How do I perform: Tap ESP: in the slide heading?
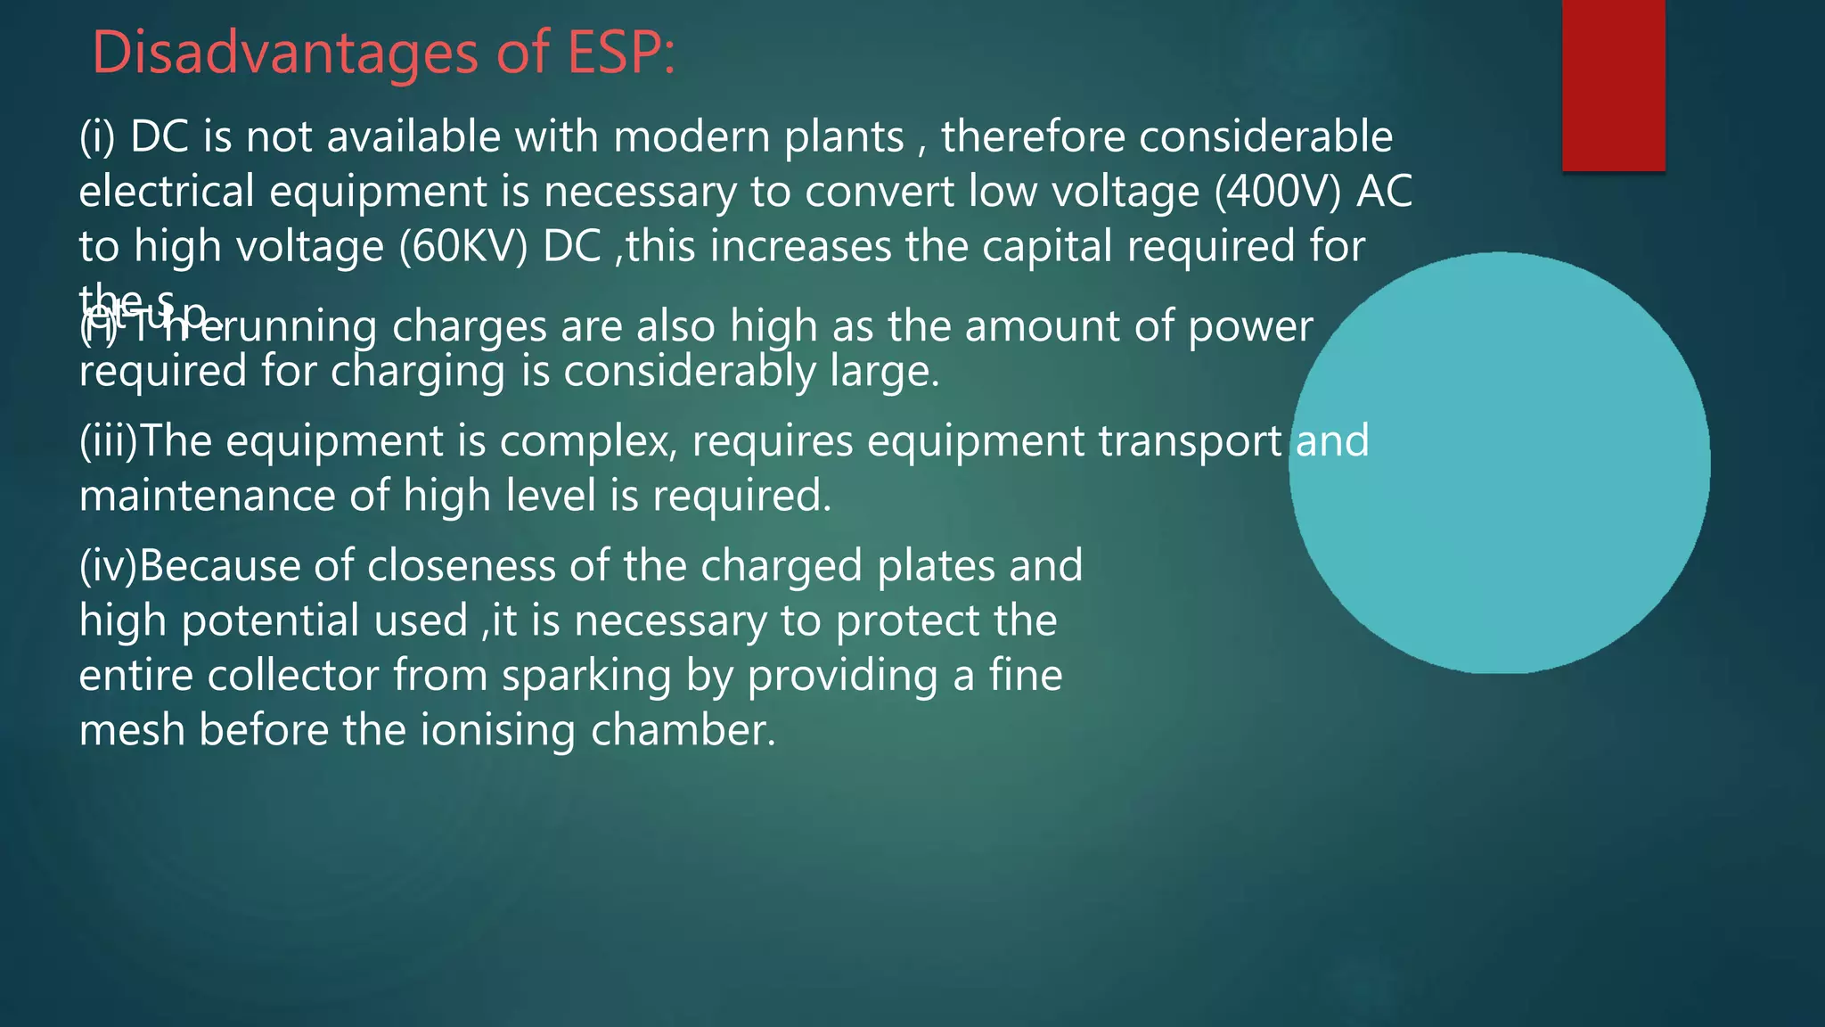tap(620, 53)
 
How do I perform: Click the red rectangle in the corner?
tap(1613, 85)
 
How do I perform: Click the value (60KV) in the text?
tap(463, 247)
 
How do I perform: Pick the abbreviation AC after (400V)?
tap(1384, 192)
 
